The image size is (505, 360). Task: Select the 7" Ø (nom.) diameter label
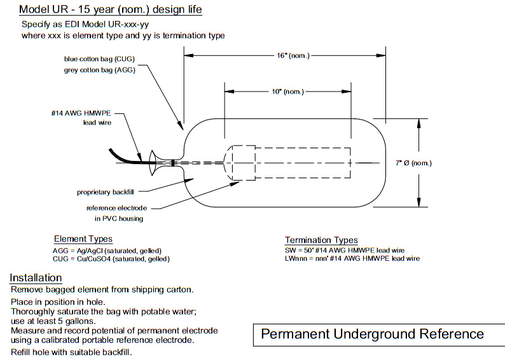(412, 163)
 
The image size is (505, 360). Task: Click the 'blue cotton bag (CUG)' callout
(104, 59)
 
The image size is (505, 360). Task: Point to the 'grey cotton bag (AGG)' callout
(104, 70)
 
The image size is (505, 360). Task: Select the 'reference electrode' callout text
(117, 209)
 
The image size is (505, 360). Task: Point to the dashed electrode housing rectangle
(289, 163)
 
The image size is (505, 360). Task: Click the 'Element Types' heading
(83, 239)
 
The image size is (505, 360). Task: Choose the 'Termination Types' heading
(321, 240)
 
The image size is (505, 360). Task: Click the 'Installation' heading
(36, 278)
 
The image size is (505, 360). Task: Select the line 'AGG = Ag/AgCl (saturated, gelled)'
(107, 251)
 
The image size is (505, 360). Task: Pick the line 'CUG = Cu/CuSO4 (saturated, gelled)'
(111, 259)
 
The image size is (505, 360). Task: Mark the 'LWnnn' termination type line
(352, 259)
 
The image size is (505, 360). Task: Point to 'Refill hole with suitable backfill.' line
(72, 352)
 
